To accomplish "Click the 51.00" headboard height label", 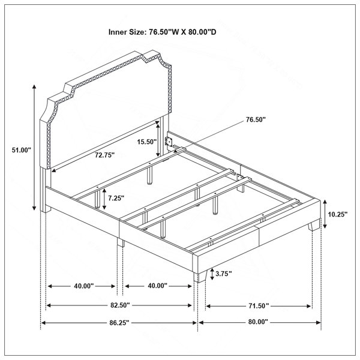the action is coord(22,150).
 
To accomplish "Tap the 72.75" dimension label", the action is coord(105,155).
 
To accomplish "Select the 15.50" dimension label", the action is coord(147,142).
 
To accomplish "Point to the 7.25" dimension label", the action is coord(116,198).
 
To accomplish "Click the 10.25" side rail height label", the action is coord(337,214).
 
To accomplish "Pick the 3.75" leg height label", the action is coord(224,274).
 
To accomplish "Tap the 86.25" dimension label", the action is coord(119,323).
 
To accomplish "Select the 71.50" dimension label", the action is coord(259,306).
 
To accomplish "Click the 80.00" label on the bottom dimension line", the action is coord(258,322).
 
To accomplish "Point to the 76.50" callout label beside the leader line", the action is coord(256,119).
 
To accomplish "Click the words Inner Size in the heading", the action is coord(127,32).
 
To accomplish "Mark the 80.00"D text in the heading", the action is coord(202,32).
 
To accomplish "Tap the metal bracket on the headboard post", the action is coord(169,142).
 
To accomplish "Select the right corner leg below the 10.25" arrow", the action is coord(314,225).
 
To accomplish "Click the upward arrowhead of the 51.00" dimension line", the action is coord(34,86).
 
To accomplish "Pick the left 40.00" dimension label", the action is coord(84,286).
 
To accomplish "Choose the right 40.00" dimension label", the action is coord(157,286).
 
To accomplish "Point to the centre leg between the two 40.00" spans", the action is coord(121,242).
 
